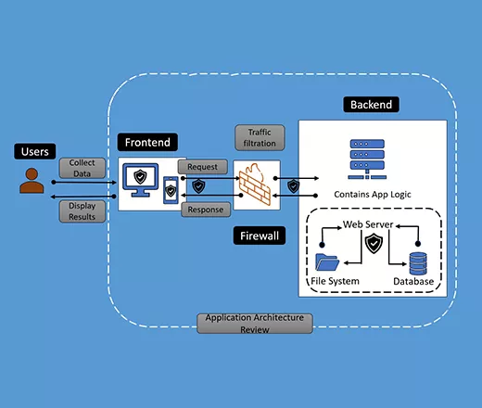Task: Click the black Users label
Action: tap(35, 151)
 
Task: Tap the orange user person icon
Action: tap(32, 181)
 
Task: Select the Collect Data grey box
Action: tap(82, 168)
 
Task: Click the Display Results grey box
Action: tap(82, 211)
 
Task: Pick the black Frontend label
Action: tap(147, 142)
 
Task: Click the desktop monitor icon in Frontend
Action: tap(141, 180)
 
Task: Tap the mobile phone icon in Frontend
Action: tap(171, 190)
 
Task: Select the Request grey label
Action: tap(203, 167)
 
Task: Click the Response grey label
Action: tap(206, 210)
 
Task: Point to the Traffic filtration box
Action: tap(260, 138)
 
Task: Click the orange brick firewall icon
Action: tap(255, 185)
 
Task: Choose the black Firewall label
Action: tap(260, 236)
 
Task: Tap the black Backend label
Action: tap(371, 105)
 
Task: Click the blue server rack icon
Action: tap(367, 159)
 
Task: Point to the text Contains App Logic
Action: tap(373, 195)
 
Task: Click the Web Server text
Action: tap(368, 224)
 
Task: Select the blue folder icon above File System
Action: tap(327, 262)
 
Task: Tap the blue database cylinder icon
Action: tap(418, 263)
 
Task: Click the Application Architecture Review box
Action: tap(255, 324)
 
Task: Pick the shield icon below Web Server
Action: tap(374, 244)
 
